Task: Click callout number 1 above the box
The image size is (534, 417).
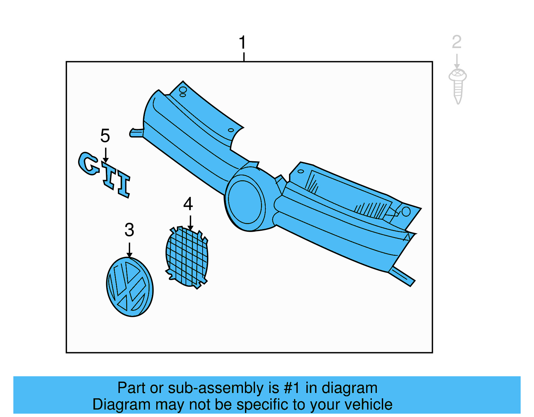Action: [x=243, y=43]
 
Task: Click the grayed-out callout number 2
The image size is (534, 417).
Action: [x=457, y=42]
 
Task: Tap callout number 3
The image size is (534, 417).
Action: [x=129, y=230]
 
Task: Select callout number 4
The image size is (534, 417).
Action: [x=188, y=204]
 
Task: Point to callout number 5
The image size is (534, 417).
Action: [x=105, y=136]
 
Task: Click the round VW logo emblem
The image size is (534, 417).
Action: [x=129, y=287]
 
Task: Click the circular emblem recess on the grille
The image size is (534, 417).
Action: [x=245, y=202]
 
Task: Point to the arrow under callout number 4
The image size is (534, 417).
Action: [x=190, y=222]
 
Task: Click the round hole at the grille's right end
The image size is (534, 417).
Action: [x=406, y=211]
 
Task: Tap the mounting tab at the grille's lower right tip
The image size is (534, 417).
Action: [x=402, y=276]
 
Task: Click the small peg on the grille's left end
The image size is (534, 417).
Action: [x=136, y=133]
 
